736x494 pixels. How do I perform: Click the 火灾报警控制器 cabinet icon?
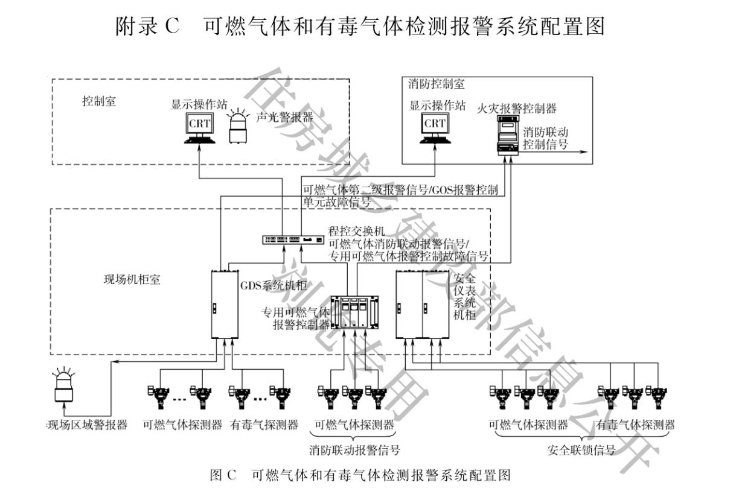pyautogui.click(x=508, y=136)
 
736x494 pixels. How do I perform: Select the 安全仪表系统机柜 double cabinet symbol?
pyautogui.click(x=422, y=304)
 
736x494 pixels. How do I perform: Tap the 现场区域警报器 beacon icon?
pyautogui.click(x=64, y=386)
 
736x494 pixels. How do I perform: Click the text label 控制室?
pyautogui.click(x=99, y=101)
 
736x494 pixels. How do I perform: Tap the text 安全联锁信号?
pyautogui.click(x=581, y=450)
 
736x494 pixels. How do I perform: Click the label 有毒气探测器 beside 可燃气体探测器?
pyautogui.click(x=264, y=425)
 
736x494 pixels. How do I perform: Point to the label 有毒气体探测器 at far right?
pyautogui.click(x=635, y=425)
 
